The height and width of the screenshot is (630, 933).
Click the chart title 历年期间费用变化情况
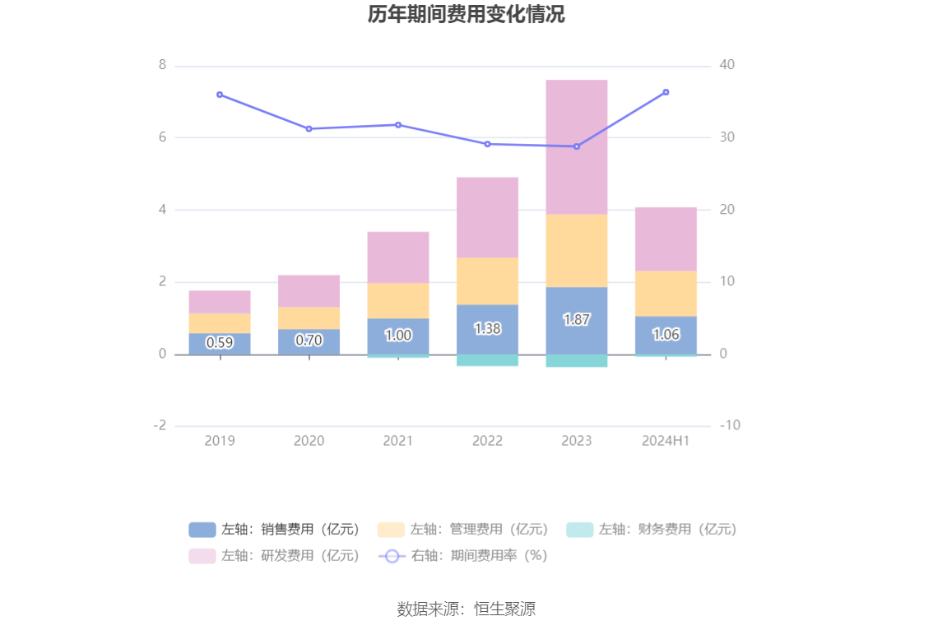coord(466,15)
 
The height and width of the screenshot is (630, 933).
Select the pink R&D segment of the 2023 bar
coord(576,147)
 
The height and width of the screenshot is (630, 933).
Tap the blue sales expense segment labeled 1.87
coord(576,320)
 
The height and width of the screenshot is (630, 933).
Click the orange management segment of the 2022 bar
coord(487,281)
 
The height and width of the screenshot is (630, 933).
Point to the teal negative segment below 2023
coord(576,360)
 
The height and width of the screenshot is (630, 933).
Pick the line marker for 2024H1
coord(666,92)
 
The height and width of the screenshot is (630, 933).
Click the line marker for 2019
coord(220,95)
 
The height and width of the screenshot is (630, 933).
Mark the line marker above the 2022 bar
coord(487,144)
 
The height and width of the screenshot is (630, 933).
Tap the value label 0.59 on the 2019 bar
coord(220,343)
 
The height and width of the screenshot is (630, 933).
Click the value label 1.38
coord(487,328)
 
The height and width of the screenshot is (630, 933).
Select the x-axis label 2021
coord(398,441)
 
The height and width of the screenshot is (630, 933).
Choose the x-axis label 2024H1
coord(666,441)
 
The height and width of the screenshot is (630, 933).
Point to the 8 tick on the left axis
coord(162,65)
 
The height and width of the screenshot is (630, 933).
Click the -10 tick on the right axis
coord(728,425)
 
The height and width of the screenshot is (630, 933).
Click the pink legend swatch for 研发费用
coord(202,556)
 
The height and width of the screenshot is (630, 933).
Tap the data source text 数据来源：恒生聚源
coord(466,609)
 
